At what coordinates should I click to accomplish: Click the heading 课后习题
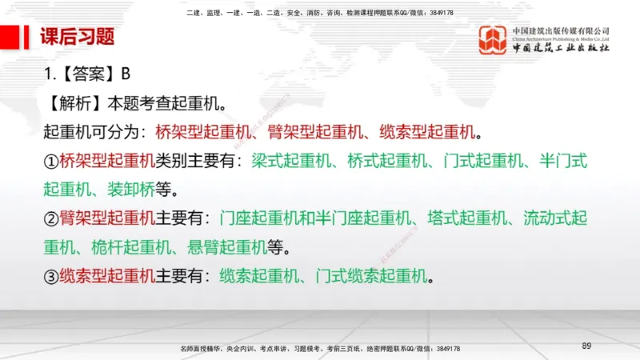(78, 37)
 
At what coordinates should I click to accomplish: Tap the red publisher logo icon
(492, 39)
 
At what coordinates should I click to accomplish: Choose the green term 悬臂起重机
(228, 246)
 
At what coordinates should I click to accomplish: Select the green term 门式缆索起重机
(378, 277)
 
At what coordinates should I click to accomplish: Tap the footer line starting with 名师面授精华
(320, 349)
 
